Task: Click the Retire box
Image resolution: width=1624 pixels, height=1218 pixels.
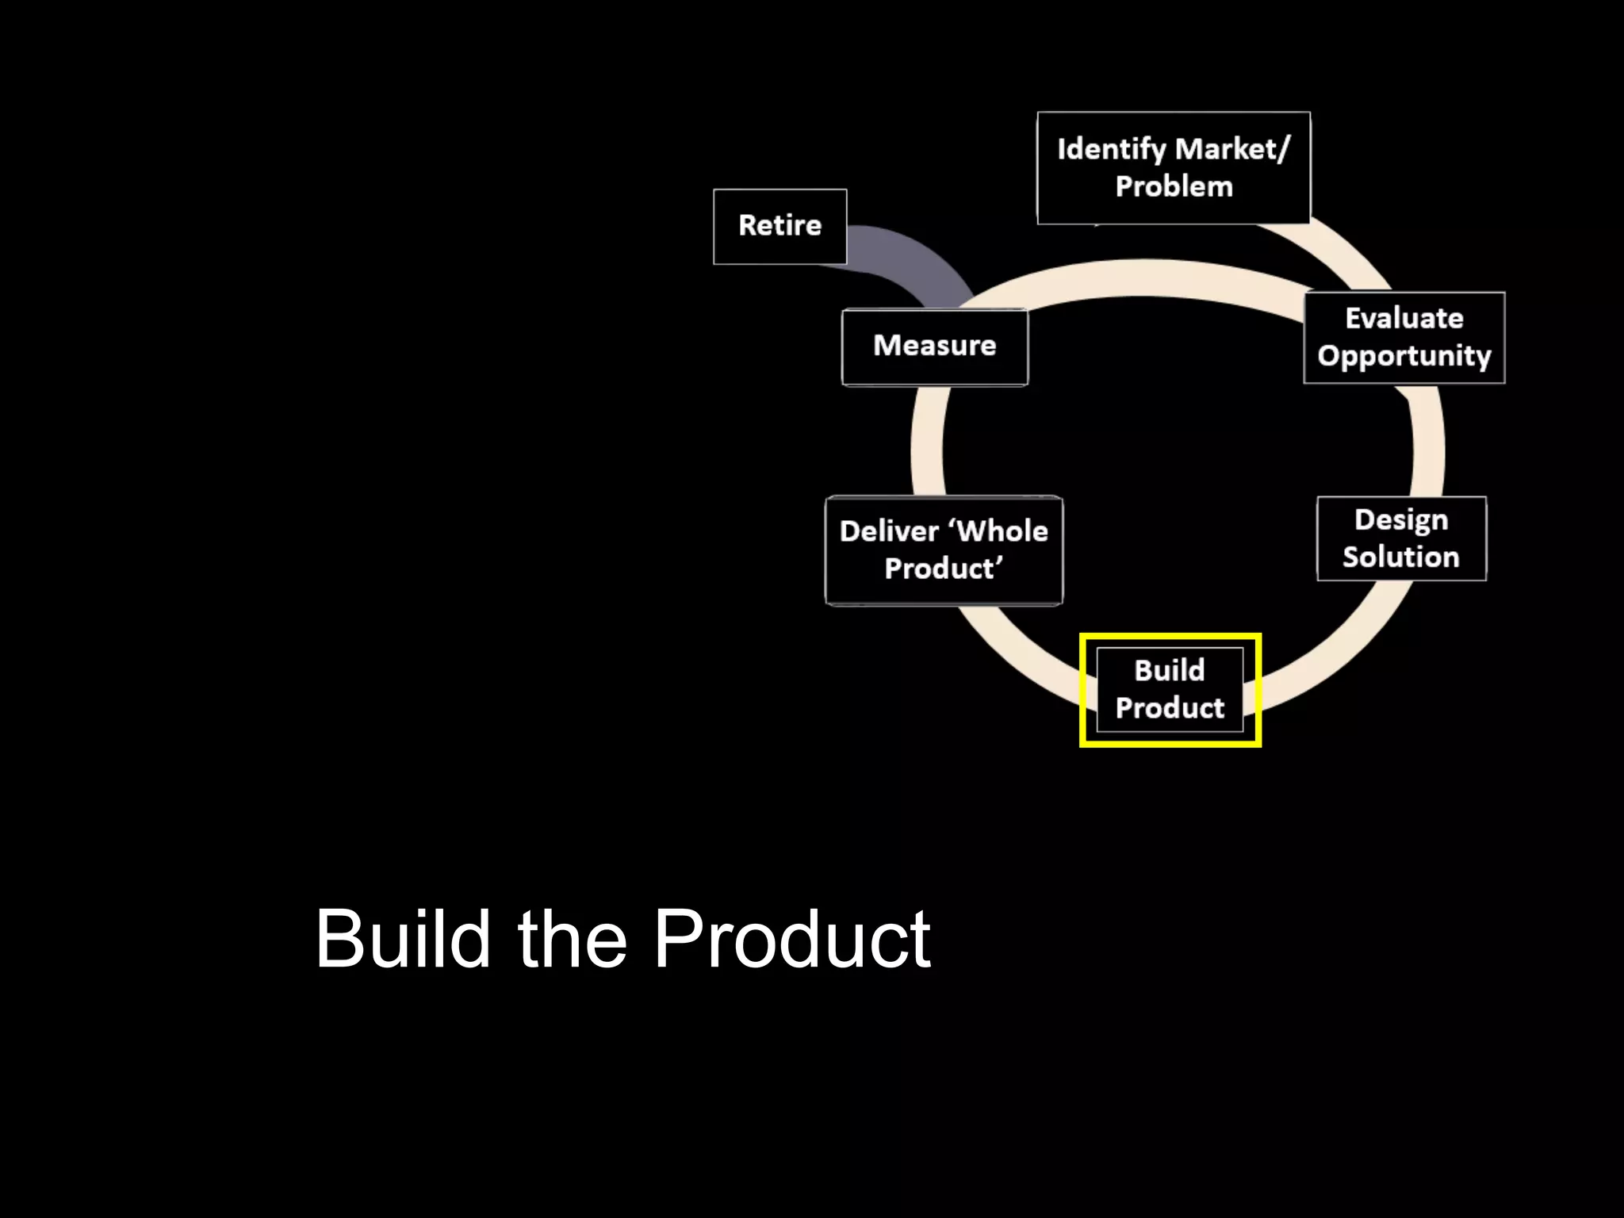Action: [779, 226]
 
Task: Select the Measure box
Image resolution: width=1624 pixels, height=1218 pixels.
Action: [934, 347]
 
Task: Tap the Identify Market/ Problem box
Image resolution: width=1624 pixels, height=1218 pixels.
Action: [1173, 167]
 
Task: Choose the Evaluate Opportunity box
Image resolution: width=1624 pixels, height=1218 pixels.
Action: [1404, 337]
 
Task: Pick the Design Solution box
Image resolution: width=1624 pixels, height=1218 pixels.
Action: [1401, 538]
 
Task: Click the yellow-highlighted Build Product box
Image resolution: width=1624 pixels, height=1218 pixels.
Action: [1170, 689]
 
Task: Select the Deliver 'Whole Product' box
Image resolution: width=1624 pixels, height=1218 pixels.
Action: [944, 550]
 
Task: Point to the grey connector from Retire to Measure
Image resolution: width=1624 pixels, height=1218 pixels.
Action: [912, 259]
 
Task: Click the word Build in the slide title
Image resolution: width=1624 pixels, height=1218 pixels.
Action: [403, 939]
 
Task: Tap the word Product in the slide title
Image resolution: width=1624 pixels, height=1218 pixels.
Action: [791, 939]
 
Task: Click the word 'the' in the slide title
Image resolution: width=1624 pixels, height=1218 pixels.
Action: [573, 939]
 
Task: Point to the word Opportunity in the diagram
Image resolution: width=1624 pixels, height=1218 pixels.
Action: [1404, 356]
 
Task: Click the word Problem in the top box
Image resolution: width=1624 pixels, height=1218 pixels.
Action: [1174, 187]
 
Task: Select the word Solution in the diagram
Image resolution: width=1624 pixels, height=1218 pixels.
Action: [1400, 557]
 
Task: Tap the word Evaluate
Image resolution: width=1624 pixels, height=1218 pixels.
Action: [1404, 318]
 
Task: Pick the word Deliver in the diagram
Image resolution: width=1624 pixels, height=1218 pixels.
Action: [888, 531]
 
